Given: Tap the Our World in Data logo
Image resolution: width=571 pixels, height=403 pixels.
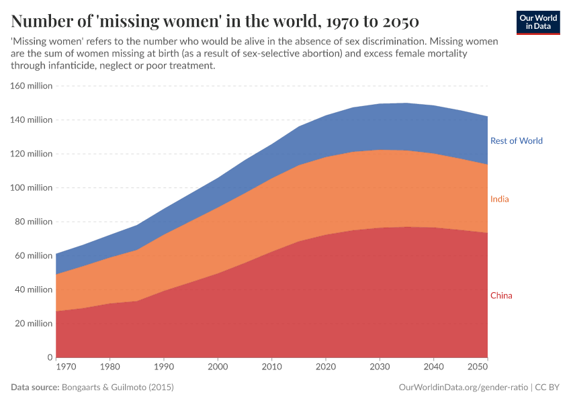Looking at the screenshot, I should (538, 22).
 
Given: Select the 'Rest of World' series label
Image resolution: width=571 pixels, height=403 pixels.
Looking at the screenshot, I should (516, 141).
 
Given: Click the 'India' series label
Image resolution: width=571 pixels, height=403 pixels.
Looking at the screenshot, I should (499, 199).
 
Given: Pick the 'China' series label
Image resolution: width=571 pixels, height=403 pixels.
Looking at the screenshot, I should (501, 296).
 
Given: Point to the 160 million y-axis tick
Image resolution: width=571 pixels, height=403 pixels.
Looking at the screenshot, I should (31, 86).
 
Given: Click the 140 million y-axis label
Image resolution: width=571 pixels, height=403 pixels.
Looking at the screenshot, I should (31, 120).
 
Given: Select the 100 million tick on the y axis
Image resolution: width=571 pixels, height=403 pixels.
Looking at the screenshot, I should (31, 187).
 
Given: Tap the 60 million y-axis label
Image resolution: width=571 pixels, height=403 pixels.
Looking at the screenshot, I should (33, 255).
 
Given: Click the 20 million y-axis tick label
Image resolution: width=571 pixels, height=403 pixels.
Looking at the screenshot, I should (33, 323).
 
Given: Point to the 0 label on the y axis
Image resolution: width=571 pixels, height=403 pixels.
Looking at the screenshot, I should (49, 357).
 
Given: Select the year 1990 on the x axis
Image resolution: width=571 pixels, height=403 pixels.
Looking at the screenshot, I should (164, 367).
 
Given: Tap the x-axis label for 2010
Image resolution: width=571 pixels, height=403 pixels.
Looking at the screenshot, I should (271, 367).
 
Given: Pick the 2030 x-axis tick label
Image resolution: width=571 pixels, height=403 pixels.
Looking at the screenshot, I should (380, 367).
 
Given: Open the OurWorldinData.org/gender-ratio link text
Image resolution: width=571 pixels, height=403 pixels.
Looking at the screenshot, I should (463, 388).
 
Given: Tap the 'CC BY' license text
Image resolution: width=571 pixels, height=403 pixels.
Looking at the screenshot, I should (547, 388).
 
